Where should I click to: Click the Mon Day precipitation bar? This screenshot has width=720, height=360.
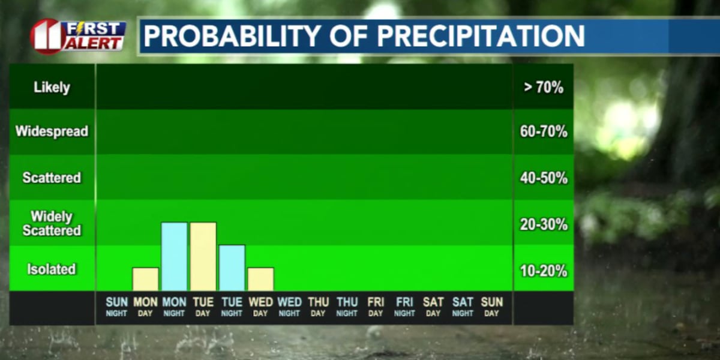pyautogui.click(x=145, y=279)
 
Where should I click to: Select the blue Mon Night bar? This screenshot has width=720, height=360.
pyautogui.click(x=174, y=257)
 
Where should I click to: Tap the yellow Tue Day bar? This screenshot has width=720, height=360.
pyautogui.click(x=203, y=257)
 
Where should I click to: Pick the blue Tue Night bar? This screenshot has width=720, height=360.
pyautogui.click(x=232, y=268)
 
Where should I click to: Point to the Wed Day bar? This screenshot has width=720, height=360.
pyautogui.click(x=260, y=279)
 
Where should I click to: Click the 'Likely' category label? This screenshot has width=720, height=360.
pyautogui.click(x=52, y=87)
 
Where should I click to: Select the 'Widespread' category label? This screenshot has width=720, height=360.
pyautogui.click(x=52, y=131)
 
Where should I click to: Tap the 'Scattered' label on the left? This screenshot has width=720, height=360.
pyautogui.click(x=52, y=178)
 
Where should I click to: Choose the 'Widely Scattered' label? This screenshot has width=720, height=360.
pyautogui.click(x=52, y=223)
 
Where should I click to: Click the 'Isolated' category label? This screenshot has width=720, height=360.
pyautogui.click(x=52, y=269)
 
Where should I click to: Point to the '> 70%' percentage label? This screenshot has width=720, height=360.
pyautogui.click(x=544, y=88)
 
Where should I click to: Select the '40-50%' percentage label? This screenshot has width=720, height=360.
pyautogui.click(x=544, y=178)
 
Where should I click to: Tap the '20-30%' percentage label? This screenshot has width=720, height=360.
pyautogui.click(x=544, y=224)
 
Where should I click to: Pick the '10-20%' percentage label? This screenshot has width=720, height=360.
pyautogui.click(x=544, y=271)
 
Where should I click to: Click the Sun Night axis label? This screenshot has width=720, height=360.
pyautogui.click(x=116, y=306)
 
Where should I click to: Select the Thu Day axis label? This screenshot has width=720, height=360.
pyautogui.click(x=318, y=306)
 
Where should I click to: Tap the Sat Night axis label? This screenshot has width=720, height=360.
pyautogui.click(x=462, y=306)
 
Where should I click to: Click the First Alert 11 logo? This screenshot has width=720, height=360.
pyautogui.click(x=79, y=36)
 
